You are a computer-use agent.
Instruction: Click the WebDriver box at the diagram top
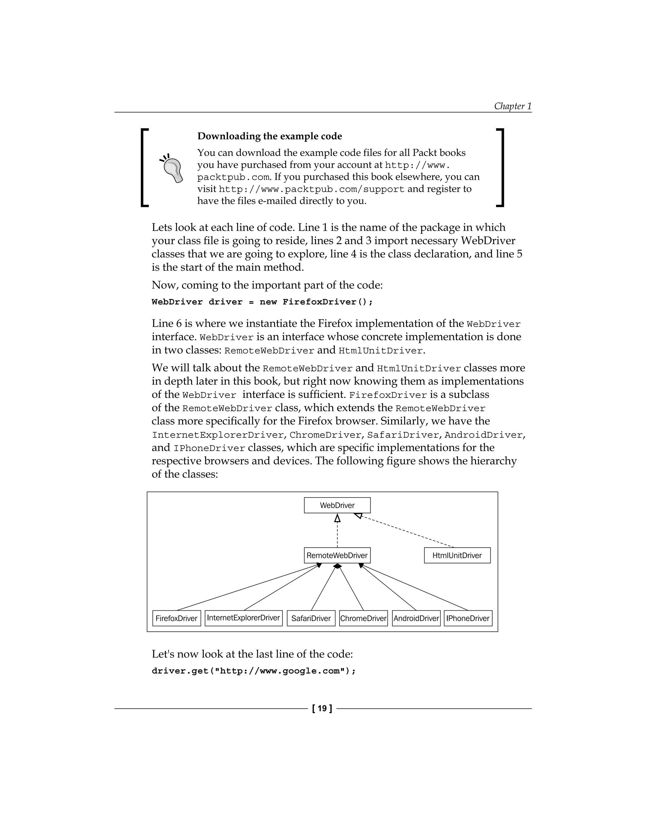pyautogui.click(x=337, y=505)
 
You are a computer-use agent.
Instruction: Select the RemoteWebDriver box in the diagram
pyautogui.click(x=337, y=555)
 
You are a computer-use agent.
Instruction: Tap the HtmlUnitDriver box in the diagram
pyautogui.click(x=457, y=555)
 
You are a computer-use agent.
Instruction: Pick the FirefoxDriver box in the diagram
pyautogui.click(x=177, y=618)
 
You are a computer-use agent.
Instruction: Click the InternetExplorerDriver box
pyautogui.click(x=243, y=618)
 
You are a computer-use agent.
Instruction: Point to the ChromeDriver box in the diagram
pyautogui.click(x=363, y=618)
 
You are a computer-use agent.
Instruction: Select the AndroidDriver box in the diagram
pyautogui.click(x=416, y=618)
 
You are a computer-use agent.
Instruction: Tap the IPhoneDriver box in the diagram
pyautogui.click(x=468, y=618)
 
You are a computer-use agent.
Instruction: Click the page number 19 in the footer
pyautogui.click(x=322, y=708)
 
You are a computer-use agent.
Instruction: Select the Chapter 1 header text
pyautogui.click(x=512, y=106)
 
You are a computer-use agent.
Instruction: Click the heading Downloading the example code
pyautogui.click(x=269, y=136)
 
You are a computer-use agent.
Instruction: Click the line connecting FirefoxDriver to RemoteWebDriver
pyautogui.click(x=248, y=587)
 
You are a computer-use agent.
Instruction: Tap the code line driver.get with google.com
pyautogui.click(x=254, y=671)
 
